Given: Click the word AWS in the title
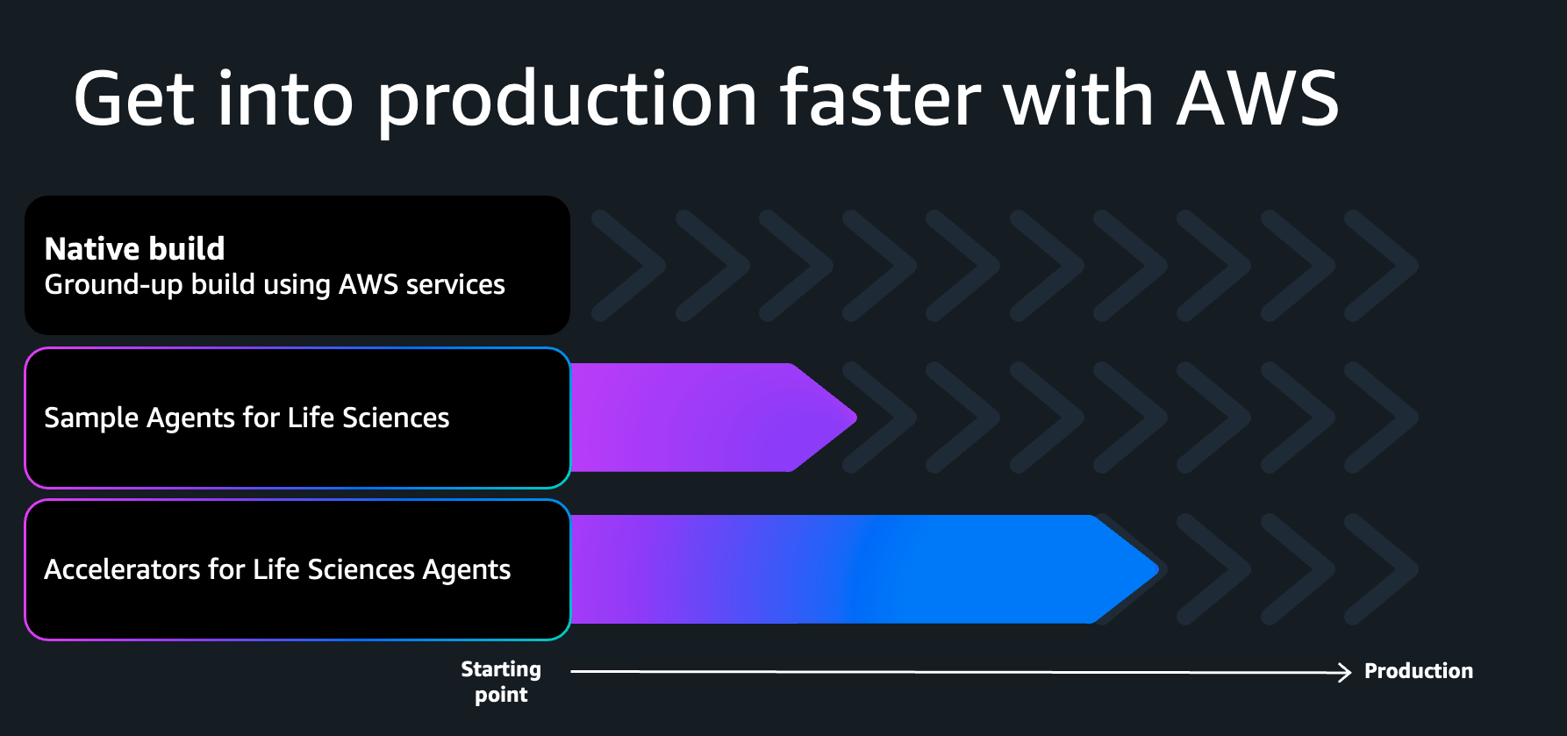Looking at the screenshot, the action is coord(1257,98).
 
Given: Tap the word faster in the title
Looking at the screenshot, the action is coord(880,97).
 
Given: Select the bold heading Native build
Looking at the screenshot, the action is coord(134,248).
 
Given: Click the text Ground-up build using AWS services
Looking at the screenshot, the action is coord(275,285).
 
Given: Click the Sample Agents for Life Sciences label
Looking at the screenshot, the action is coord(247,418).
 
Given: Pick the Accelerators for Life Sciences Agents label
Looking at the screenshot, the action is coord(277,569).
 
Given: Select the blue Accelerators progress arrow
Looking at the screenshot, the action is coord(865,569).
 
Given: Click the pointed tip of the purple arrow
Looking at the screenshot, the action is coord(856,418).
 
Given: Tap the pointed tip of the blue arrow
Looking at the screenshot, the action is coord(1158,569).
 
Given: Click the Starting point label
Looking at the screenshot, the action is coord(501,682).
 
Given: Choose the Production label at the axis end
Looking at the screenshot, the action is coord(1419,671).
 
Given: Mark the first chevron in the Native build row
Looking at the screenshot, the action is coord(628,265).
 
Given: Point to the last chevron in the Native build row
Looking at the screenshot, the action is coord(1382,265).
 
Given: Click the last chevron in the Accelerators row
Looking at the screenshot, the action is coord(1382,569).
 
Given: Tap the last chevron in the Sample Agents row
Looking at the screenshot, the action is coord(1382,418).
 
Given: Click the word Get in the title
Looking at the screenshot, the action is coord(134,98).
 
